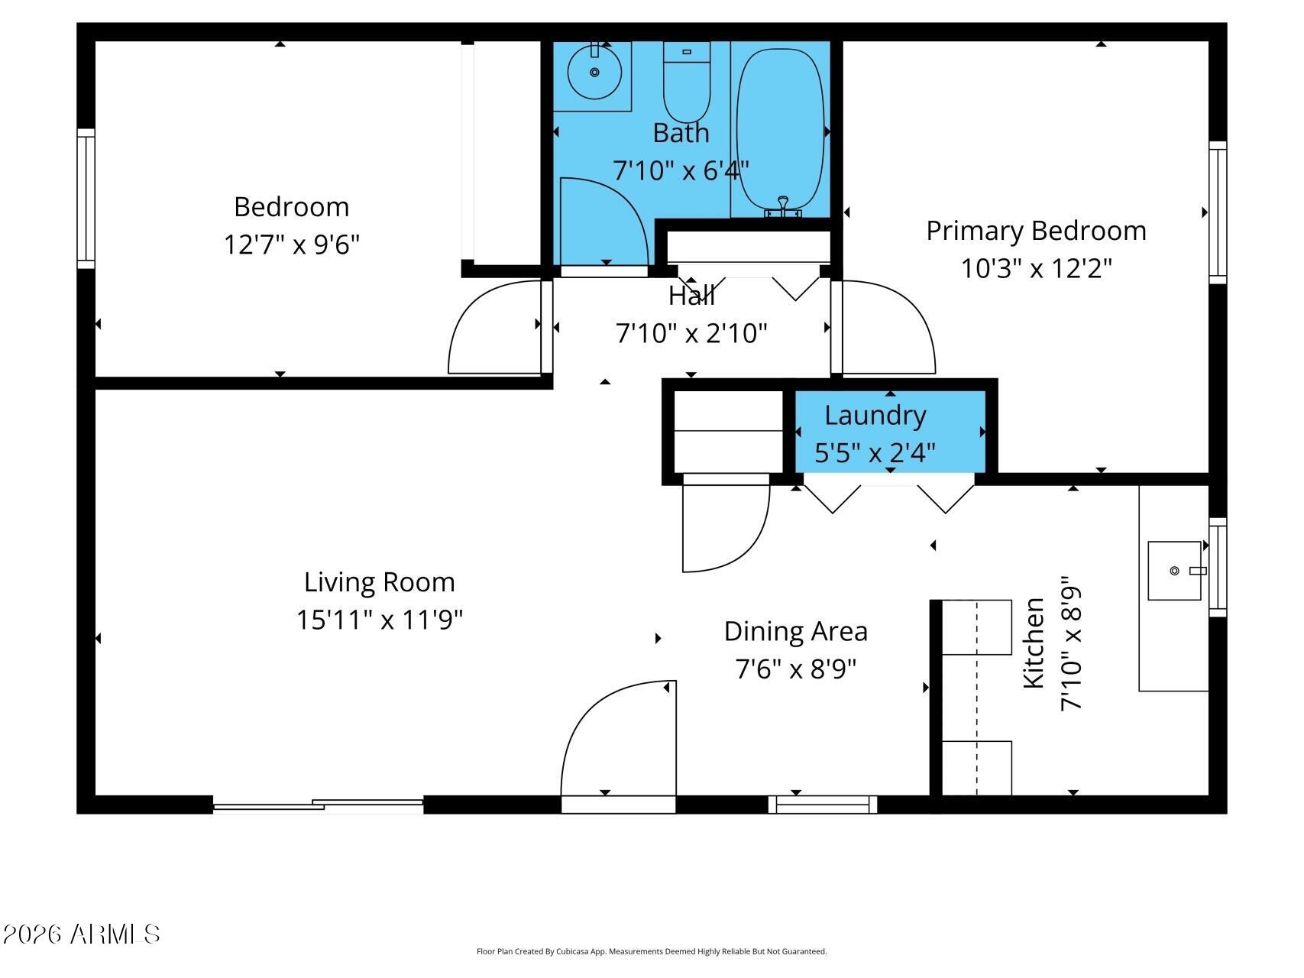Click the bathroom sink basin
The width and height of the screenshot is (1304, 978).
click(594, 73)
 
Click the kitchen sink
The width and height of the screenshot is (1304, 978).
click(1174, 571)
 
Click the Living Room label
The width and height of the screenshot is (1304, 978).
click(379, 582)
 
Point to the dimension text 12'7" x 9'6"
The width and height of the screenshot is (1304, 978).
click(291, 245)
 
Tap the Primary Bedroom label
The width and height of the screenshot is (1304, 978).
click(1036, 231)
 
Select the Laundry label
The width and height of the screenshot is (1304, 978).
click(875, 416)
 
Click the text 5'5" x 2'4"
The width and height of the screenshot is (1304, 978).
click(875, 453)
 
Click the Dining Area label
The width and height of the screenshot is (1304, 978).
click(795, 632)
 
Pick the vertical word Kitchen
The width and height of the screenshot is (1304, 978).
click(1033, 643)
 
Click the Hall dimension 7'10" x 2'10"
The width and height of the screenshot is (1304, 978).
click(691, 333)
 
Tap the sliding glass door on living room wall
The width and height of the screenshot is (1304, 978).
click(318, 805)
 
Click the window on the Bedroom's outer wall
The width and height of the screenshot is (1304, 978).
click(86, 199)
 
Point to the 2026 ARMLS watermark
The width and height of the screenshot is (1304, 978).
click(81, 934)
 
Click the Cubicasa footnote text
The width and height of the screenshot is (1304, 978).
click(651, 951)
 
